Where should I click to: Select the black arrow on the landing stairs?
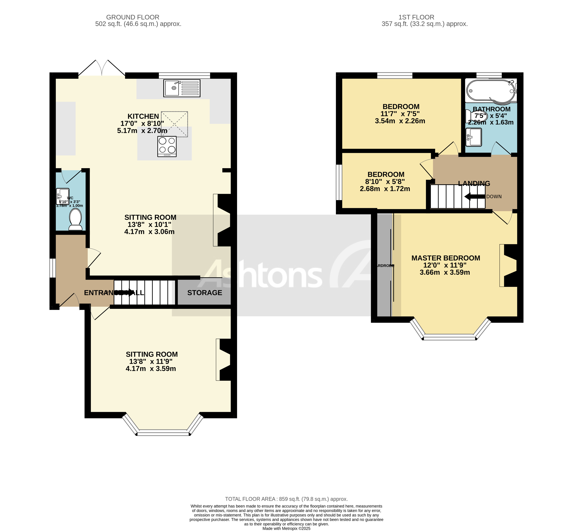click(474, 197)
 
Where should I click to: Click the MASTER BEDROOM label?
click(445, 258)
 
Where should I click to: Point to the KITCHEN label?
click(143, 116)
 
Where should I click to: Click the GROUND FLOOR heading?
click(133, 17)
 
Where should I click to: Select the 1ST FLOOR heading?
click(416, 17)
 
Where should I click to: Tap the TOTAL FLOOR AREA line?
click(286, 499)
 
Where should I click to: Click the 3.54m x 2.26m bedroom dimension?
click(400, 121)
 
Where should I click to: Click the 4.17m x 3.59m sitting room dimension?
click(151, 369)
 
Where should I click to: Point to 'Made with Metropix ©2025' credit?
click(286, 528)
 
